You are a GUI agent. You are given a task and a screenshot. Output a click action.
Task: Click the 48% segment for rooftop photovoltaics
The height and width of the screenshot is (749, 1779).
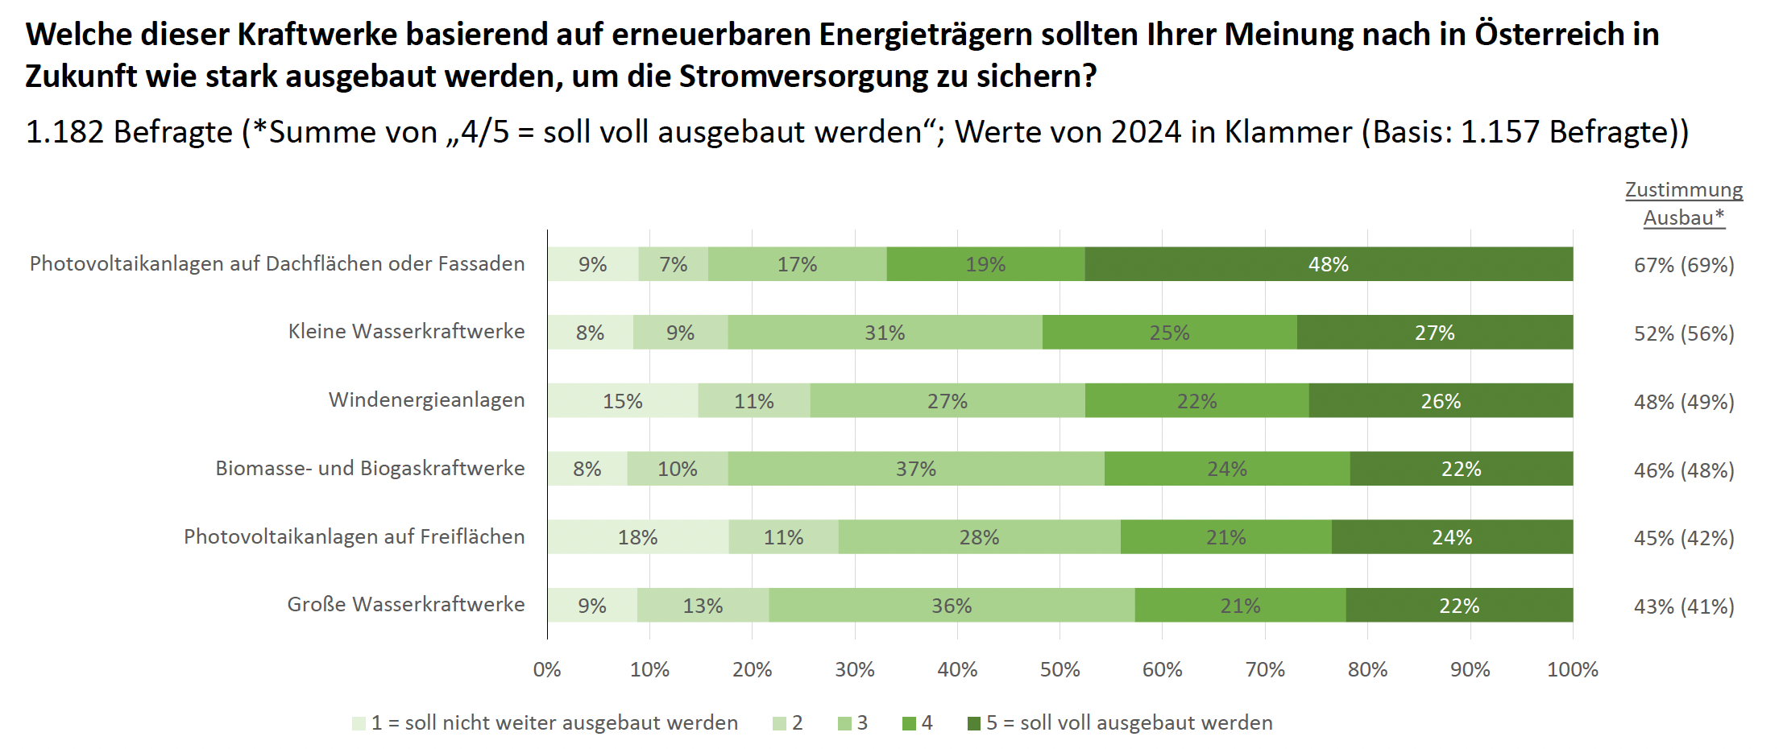(1328, 264)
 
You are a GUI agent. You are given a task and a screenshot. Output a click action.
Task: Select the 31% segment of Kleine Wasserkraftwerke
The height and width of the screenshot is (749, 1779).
(885, 333)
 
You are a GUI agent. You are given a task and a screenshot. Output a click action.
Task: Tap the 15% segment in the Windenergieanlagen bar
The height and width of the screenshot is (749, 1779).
(623, 401)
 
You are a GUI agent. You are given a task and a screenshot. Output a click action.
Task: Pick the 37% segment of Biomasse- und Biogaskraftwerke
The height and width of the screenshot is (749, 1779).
(916, 469)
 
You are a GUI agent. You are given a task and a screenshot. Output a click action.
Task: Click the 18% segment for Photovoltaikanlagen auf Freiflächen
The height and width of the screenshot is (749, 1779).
(638, 537)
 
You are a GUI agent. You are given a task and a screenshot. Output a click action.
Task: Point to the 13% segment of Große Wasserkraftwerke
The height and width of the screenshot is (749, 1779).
(703, 606)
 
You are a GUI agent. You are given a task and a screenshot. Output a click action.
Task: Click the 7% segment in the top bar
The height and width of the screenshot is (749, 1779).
(673, 264)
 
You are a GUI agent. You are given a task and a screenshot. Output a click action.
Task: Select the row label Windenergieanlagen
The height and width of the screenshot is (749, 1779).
(426, 399)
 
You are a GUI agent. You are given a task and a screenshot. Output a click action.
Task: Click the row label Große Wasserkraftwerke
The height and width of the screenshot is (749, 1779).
(405, 604)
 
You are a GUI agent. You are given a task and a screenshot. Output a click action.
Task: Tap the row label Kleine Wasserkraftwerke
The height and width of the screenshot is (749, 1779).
(406, 331)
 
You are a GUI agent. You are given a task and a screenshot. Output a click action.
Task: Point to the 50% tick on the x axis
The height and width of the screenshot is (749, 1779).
(1060, 669)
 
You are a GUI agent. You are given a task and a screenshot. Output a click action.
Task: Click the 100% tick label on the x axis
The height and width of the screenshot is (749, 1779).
(1572, 669)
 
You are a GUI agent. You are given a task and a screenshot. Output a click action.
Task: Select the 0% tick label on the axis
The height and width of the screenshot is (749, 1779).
(547, 669)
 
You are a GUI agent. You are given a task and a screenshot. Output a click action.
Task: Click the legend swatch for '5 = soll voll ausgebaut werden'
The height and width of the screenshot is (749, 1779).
(974, 723)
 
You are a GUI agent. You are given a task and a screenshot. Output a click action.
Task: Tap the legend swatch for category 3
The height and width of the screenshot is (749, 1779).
(844, 723)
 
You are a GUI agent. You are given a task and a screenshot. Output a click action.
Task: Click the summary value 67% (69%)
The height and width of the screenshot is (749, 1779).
(1684, 265)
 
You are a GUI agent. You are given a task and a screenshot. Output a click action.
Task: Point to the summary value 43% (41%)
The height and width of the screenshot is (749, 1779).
(1684, 606)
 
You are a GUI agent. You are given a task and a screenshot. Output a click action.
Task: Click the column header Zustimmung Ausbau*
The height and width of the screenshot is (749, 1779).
(1684, 203)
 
